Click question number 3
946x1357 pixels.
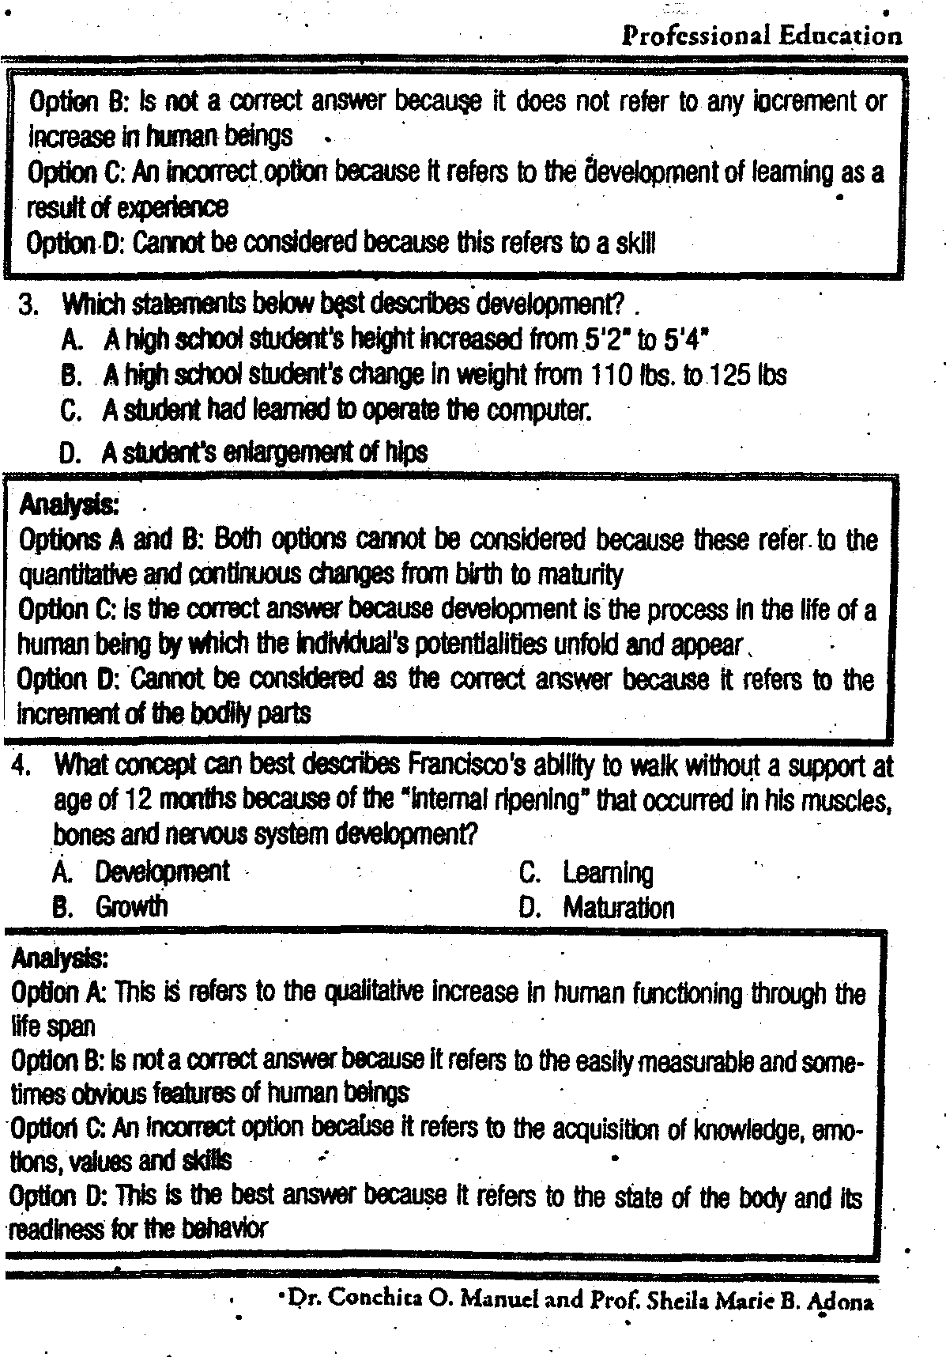[29, 304]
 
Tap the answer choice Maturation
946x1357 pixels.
[618, 907]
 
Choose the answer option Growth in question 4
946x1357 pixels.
[131, 906]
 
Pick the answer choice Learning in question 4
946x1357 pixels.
[608, 873]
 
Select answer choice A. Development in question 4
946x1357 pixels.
[161, 871]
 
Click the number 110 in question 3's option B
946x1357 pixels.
[612, 375]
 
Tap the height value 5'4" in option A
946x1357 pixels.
[682, 340]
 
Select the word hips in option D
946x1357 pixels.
[406, 452]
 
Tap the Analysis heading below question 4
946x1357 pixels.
[59, 958]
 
